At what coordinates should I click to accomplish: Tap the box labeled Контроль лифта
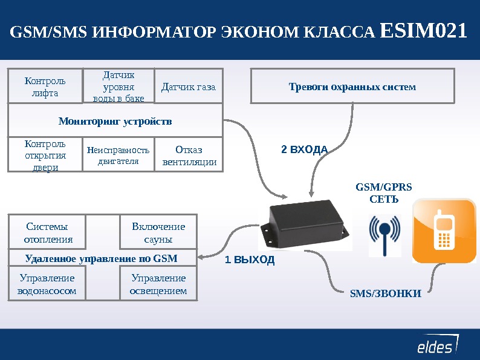[45, 87]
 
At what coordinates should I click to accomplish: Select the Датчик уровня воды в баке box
[118, 87]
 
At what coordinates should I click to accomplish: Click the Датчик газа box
[189, 87]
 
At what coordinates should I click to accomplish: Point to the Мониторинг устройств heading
[115, 121]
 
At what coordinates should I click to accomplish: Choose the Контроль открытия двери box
[45, 155]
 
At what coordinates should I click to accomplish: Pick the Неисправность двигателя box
[118, 155]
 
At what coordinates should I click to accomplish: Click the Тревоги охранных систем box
[352, 87]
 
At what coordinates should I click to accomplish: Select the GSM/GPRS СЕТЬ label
[384, 192]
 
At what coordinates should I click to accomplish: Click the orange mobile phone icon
[444, 231]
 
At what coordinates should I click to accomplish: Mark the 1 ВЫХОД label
[250, 260]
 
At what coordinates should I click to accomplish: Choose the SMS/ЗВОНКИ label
[386, 294]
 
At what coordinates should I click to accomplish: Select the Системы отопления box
[48, 232]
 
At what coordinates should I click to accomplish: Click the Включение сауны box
[158, 232]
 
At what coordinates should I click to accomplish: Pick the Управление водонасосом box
[48, 284]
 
